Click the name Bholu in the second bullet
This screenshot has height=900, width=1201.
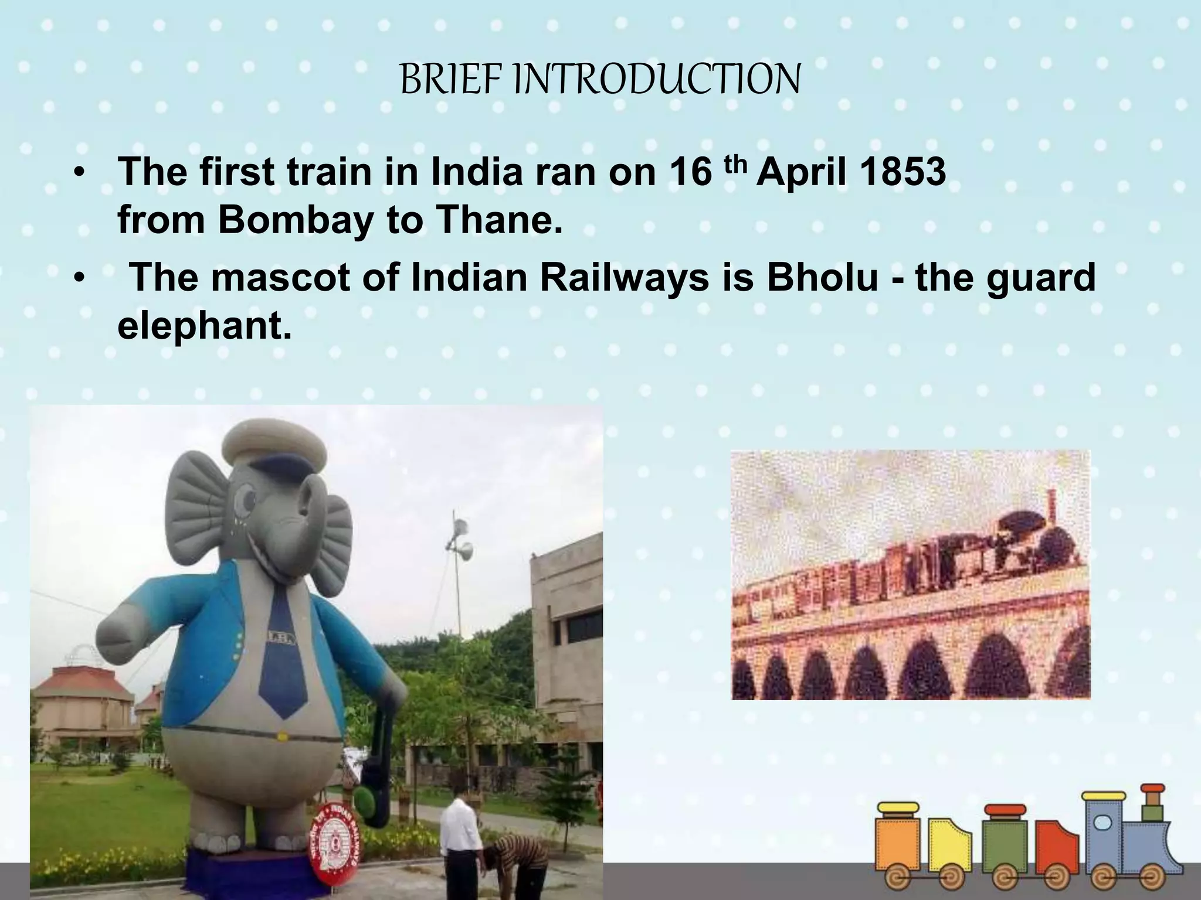pyautogui.click(x=822, y=277)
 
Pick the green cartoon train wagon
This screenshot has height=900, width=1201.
pyautogui.click(x=1005, y=844)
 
